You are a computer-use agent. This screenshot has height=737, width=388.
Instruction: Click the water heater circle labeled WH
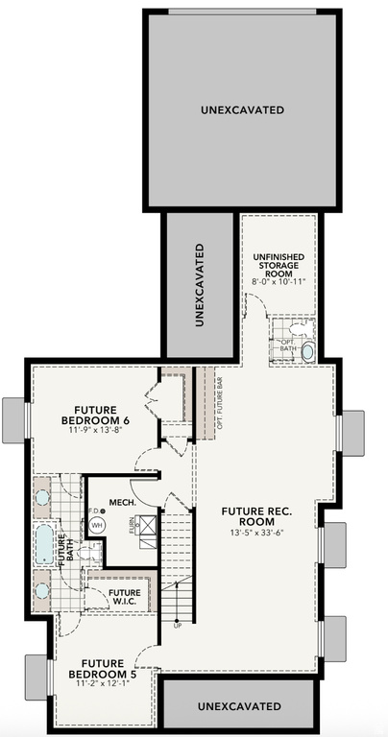click(97, 525)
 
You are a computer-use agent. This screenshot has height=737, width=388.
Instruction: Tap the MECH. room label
click(122, 501)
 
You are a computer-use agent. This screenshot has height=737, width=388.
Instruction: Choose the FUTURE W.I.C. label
click(124, 598)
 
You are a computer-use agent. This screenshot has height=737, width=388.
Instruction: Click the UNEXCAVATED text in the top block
click(242, 110)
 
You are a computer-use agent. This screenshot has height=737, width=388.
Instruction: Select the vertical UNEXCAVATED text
click(200, 286)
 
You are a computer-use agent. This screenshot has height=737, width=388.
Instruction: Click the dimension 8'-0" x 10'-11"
click(279, 283)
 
